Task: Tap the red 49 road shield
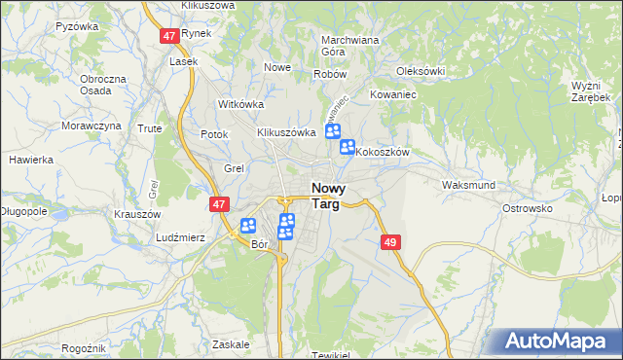[391, 241]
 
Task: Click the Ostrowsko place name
[527, 208]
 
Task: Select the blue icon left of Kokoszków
[348, 148]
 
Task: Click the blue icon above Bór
[248, 226]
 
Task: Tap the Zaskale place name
[231, 343]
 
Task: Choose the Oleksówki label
[421, 71]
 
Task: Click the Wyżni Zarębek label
[591, 92]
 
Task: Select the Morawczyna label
[92, 126]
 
